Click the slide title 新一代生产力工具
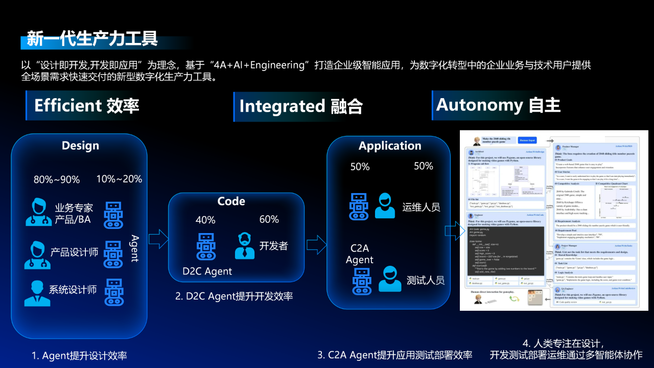pos(92,38)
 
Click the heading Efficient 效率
pos(86,106)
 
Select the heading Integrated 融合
pos(301,106)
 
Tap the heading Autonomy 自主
pos(498,105)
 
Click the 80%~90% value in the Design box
pos(57,180)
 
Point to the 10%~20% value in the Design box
pos(119,179)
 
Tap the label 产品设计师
pos(74,252)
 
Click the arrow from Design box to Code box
pos(158,238)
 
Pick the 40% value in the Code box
pos(205,220)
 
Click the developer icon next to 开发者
pos(245,246)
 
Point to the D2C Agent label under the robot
pos(207,271)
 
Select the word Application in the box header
pos(390,146)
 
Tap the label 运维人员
pos(421,207)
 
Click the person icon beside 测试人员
pos(390,279)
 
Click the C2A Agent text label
pos(359,254)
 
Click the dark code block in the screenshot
pos(506,250)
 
